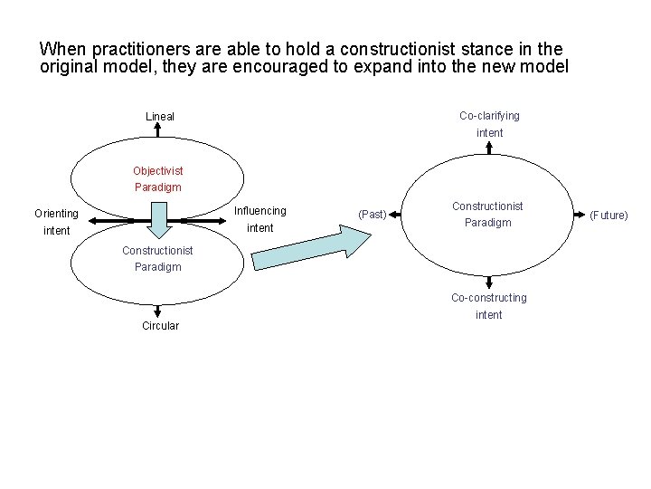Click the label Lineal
point(160,117)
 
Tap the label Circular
point(160,326)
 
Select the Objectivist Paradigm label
point(157,179)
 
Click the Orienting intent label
point(56,223)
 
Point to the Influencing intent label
point(259,219)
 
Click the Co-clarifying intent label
point(489,124)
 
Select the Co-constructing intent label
point(488,306)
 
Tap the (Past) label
point(373,215)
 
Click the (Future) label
point(609,216)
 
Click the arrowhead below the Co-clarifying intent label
point(489,145)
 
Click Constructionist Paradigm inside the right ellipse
point(487,215)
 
